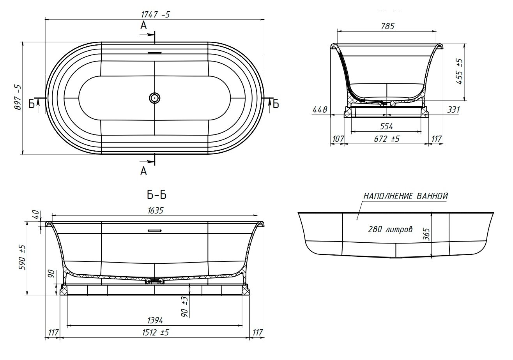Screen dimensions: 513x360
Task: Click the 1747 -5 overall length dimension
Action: (156, 15)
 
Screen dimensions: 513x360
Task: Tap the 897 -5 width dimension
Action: (18, 98)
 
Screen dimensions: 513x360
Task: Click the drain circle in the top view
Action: (155, 98)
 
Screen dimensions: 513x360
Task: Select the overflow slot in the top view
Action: (155, 53)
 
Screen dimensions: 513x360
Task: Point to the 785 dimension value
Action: (388, 26)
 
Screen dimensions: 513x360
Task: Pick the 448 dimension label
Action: (320, 110)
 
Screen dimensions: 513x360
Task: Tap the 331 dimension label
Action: (453, 110)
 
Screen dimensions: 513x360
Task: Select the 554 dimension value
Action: (387, 126)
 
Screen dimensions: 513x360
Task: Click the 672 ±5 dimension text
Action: (387, 139)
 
